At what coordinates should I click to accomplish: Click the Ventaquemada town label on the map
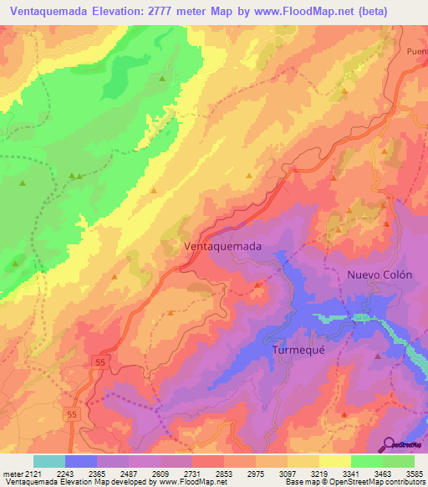(x=222, y=247)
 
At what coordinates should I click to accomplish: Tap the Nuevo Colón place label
(x=380, y=274)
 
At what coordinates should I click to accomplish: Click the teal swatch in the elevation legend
(x=49, y=461)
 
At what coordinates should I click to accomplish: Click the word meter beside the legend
(x=12, y=473)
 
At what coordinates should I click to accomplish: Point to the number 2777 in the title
(x=173, y=11)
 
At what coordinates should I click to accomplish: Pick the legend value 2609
(x=160, y=473)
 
